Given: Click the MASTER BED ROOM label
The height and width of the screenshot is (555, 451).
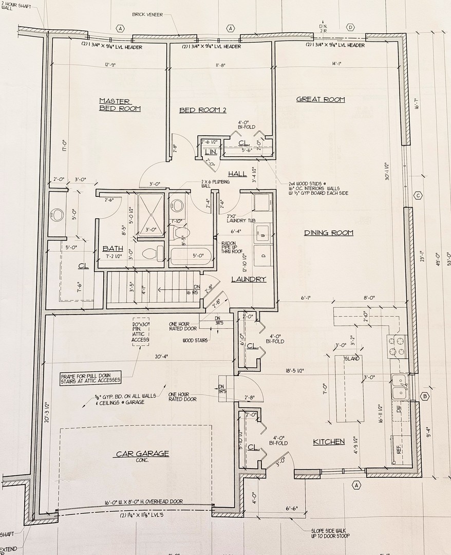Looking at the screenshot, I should [119, 105].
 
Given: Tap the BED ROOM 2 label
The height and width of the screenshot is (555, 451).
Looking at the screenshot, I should [202, 110].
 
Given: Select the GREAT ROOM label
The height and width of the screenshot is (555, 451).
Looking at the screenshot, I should [321, 99].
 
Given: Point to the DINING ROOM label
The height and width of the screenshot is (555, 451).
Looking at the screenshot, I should [329, 233].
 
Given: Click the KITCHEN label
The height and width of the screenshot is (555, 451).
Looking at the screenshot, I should [329, 441].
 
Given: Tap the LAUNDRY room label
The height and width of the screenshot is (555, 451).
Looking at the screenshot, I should [249, 279].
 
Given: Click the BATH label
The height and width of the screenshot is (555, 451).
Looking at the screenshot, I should [112, 248].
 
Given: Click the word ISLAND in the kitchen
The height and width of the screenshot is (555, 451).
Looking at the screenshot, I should [352, 358].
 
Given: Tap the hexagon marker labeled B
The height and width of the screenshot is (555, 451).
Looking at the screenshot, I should [424, 396].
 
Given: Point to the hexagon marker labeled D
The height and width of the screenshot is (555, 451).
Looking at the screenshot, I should [350, 27].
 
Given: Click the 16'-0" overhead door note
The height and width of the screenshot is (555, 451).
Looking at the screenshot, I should [135, 502].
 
